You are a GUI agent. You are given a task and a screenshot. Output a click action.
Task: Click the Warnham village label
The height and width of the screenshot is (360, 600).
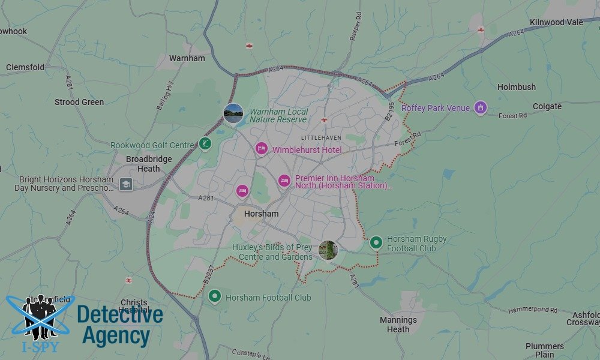tap(187, 58)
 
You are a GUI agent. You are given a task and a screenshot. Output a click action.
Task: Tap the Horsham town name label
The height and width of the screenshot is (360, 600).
tap(261, 214)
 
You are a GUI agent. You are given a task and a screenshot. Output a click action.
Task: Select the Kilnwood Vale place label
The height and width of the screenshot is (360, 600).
tap(556, 22)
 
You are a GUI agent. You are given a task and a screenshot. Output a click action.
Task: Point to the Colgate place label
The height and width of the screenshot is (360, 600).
tap(547, 106)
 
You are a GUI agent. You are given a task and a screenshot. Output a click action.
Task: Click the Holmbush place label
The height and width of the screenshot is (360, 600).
tap(516, 87)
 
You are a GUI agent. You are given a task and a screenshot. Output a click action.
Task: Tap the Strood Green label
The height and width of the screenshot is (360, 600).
tap(79, 102)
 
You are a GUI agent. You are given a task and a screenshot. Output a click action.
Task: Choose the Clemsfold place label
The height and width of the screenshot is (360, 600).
tap(25, 67)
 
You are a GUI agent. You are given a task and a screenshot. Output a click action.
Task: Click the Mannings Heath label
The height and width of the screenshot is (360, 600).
tap(398, 324)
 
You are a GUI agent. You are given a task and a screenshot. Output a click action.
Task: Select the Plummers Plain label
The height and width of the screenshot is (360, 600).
tap(544, 350)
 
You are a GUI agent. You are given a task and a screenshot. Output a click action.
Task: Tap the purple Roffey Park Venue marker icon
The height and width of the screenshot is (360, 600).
tap(480, 108)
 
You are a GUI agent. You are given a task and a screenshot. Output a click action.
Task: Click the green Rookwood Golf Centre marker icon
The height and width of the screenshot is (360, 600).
tap(205, 144)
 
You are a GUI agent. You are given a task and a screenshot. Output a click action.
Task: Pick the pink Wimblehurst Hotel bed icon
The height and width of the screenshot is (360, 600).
tap(261, 149)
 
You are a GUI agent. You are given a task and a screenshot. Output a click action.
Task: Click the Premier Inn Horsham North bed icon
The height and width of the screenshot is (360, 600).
tap(284, 181)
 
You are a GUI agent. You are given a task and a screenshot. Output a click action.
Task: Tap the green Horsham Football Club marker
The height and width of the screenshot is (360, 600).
tap(214, 296)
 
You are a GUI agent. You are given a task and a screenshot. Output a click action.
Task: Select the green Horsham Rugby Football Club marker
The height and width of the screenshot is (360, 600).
tap(376, 242)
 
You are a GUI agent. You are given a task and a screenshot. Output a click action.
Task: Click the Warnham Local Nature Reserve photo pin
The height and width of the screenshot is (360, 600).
tap(233, 113)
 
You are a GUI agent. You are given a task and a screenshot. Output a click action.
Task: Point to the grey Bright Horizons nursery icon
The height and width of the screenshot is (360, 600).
tap(125, 184)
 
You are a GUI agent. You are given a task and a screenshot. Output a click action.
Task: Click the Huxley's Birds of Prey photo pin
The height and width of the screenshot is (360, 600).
tap(328, 250)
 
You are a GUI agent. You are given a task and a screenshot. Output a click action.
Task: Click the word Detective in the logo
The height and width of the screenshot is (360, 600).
tap(119, 314)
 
